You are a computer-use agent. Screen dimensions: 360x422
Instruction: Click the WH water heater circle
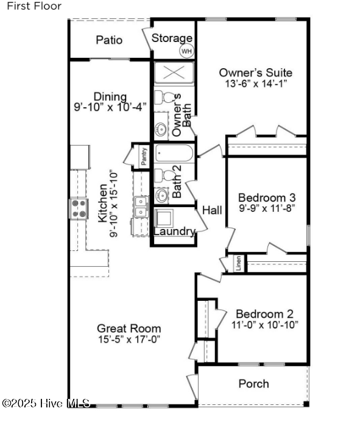[186, 51]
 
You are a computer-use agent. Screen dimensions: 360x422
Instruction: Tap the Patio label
[109, 40]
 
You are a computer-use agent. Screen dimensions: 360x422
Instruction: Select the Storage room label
[172, 38]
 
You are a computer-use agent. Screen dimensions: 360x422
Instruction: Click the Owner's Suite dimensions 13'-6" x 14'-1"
[255, 83]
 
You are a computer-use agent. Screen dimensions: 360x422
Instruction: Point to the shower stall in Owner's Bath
[174, 72]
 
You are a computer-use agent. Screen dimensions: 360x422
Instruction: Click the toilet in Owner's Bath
[164, 97]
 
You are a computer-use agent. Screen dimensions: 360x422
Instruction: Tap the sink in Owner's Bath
[160, 130]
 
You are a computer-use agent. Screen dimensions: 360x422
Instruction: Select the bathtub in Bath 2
[174, 153]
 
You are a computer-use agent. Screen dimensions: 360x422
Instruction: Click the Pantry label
[144, 156]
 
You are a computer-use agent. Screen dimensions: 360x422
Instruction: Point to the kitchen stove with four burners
[79, 208]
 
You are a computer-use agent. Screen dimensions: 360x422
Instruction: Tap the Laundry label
[174, 231]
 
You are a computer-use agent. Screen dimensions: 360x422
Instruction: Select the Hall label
[212, 210]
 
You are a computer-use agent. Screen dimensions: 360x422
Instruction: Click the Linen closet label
[238, 263]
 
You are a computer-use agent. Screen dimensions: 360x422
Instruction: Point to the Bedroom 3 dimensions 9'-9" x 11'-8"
[267, 208]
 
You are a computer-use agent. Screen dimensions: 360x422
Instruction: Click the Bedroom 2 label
[265, 314]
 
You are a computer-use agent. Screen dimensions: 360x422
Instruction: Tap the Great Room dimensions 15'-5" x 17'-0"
[129, 339]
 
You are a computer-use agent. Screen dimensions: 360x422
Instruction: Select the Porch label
[253, 384]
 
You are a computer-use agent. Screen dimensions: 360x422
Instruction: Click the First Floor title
[34, 6]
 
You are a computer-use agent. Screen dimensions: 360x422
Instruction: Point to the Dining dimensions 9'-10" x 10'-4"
[110, 107]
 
